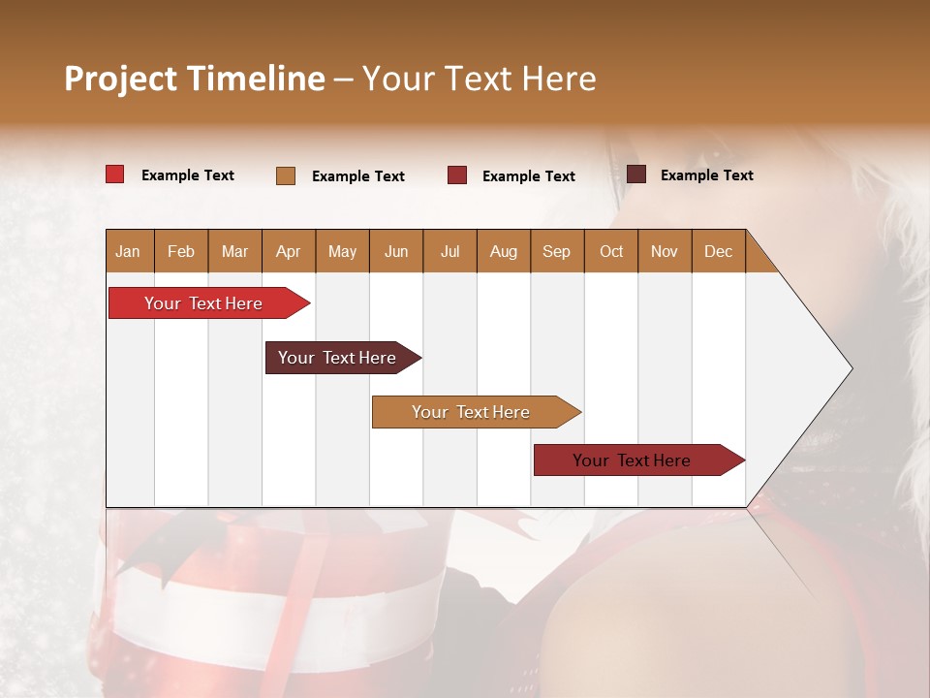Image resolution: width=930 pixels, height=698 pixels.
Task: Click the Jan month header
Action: pyautogui.click(x=128, y=251)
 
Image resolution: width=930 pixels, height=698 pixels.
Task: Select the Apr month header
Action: pyautogui.click(x=288, y=251)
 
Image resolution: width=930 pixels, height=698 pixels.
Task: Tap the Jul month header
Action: pyautogui.click(x=449, y=251)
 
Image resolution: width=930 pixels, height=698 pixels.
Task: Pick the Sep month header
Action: pyautogui.click(x=556, y=251)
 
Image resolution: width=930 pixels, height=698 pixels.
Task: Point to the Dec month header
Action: pyautogui.click(x=718, y=251)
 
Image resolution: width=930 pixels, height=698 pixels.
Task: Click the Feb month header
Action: pyautogui.click(x=181, y=251)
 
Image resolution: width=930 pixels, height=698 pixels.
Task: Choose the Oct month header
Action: pyautogui.click(x=611, y=251)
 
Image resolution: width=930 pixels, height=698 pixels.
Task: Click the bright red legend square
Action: pyautogui.click(x=115, y=174)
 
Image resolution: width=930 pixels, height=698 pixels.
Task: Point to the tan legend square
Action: pyautogui.click(x=286, y=175)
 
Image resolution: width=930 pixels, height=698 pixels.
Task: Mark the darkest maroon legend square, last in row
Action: pyautogui.click(x=636, y=174)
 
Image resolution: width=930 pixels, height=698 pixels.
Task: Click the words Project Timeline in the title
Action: pyautogui.click(x=195, y=79)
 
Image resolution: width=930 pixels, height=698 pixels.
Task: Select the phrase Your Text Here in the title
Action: pyautogui.click(x=479, y=79)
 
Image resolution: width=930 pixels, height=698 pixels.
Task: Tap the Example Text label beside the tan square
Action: pyautogui.click(x=358, y=176)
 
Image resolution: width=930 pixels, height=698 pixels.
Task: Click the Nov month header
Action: pyautogui.click(x=665, y=251)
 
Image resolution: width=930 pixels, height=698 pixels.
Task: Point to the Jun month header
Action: pyautogui.click(x=396, y=251)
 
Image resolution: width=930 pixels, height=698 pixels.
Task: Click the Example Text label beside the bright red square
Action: pyautogui.click(x=188, y=175)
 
